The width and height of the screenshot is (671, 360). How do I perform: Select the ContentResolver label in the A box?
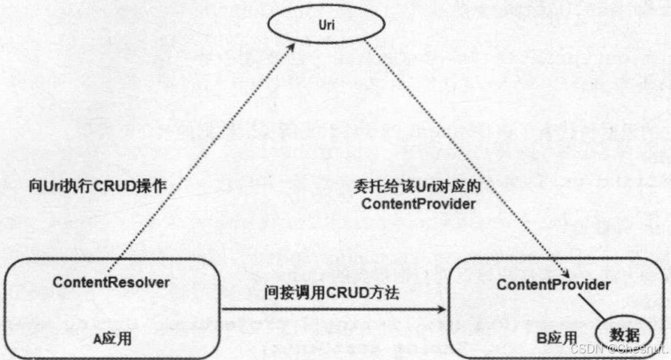[111, 282]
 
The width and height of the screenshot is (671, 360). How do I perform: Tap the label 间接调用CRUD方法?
[332, 294]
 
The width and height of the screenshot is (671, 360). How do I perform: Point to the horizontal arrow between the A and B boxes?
[333, 311]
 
